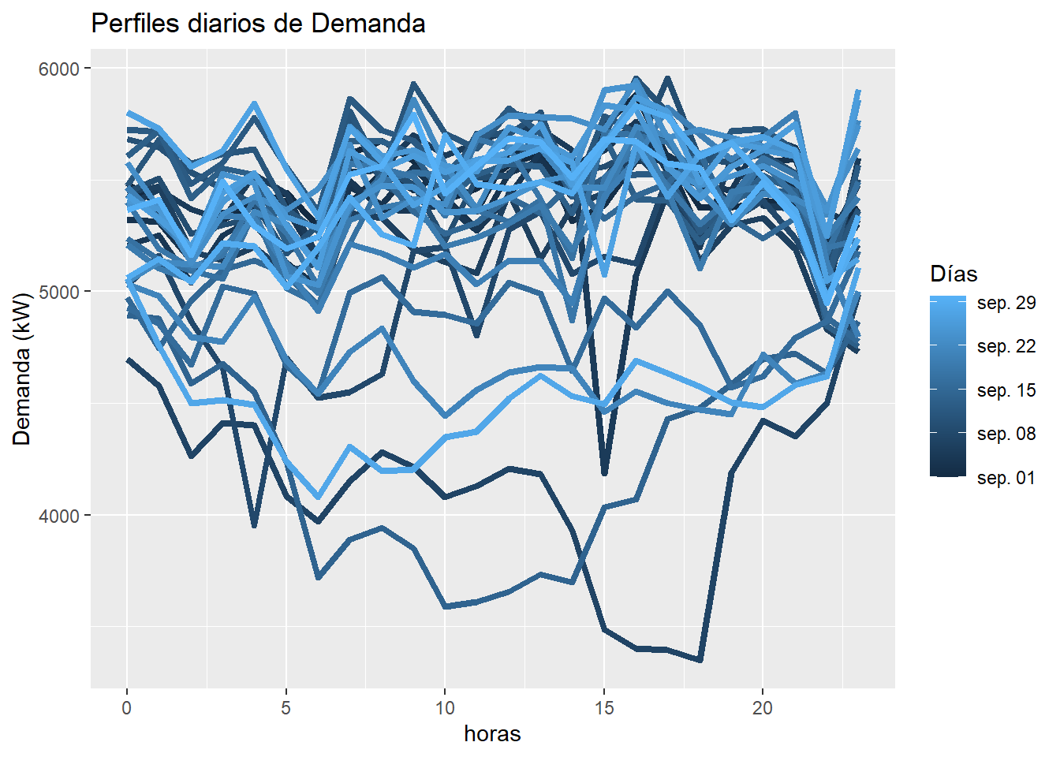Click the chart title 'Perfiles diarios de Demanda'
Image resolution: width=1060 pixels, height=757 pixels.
pos(258,24)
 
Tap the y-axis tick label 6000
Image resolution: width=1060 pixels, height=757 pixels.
pos(59,69)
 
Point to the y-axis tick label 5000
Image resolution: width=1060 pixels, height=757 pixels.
pos(59,292)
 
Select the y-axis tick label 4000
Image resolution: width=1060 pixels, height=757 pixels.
pos(59,516)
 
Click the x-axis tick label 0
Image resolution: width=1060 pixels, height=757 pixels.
pos(127,708)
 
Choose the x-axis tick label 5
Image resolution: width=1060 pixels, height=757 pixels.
pos(286,708)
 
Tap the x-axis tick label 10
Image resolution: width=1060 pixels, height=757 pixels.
pos(445,708)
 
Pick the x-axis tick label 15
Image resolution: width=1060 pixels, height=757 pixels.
pos(604,708)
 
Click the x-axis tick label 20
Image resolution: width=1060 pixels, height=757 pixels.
pos(763,708)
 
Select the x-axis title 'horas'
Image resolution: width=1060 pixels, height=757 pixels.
pos(492,734)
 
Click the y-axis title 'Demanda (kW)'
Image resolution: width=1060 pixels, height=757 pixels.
pos(22,369)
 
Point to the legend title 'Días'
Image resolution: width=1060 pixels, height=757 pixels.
pos(954,274)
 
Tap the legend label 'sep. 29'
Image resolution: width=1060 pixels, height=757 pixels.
pos(1006,304)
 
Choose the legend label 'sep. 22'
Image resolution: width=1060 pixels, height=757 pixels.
pos(1006,347)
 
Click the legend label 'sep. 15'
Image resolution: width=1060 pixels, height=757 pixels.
pos(1006,391)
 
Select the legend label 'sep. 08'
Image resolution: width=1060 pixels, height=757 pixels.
pos(1006,434)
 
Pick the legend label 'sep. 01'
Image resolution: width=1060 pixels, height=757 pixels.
pos(1006,479)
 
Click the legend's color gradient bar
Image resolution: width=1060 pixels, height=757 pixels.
pos(948,386)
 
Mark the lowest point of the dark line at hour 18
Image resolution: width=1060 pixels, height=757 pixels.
pos(700,660)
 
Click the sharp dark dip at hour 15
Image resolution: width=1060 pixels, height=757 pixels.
pos(604,474)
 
